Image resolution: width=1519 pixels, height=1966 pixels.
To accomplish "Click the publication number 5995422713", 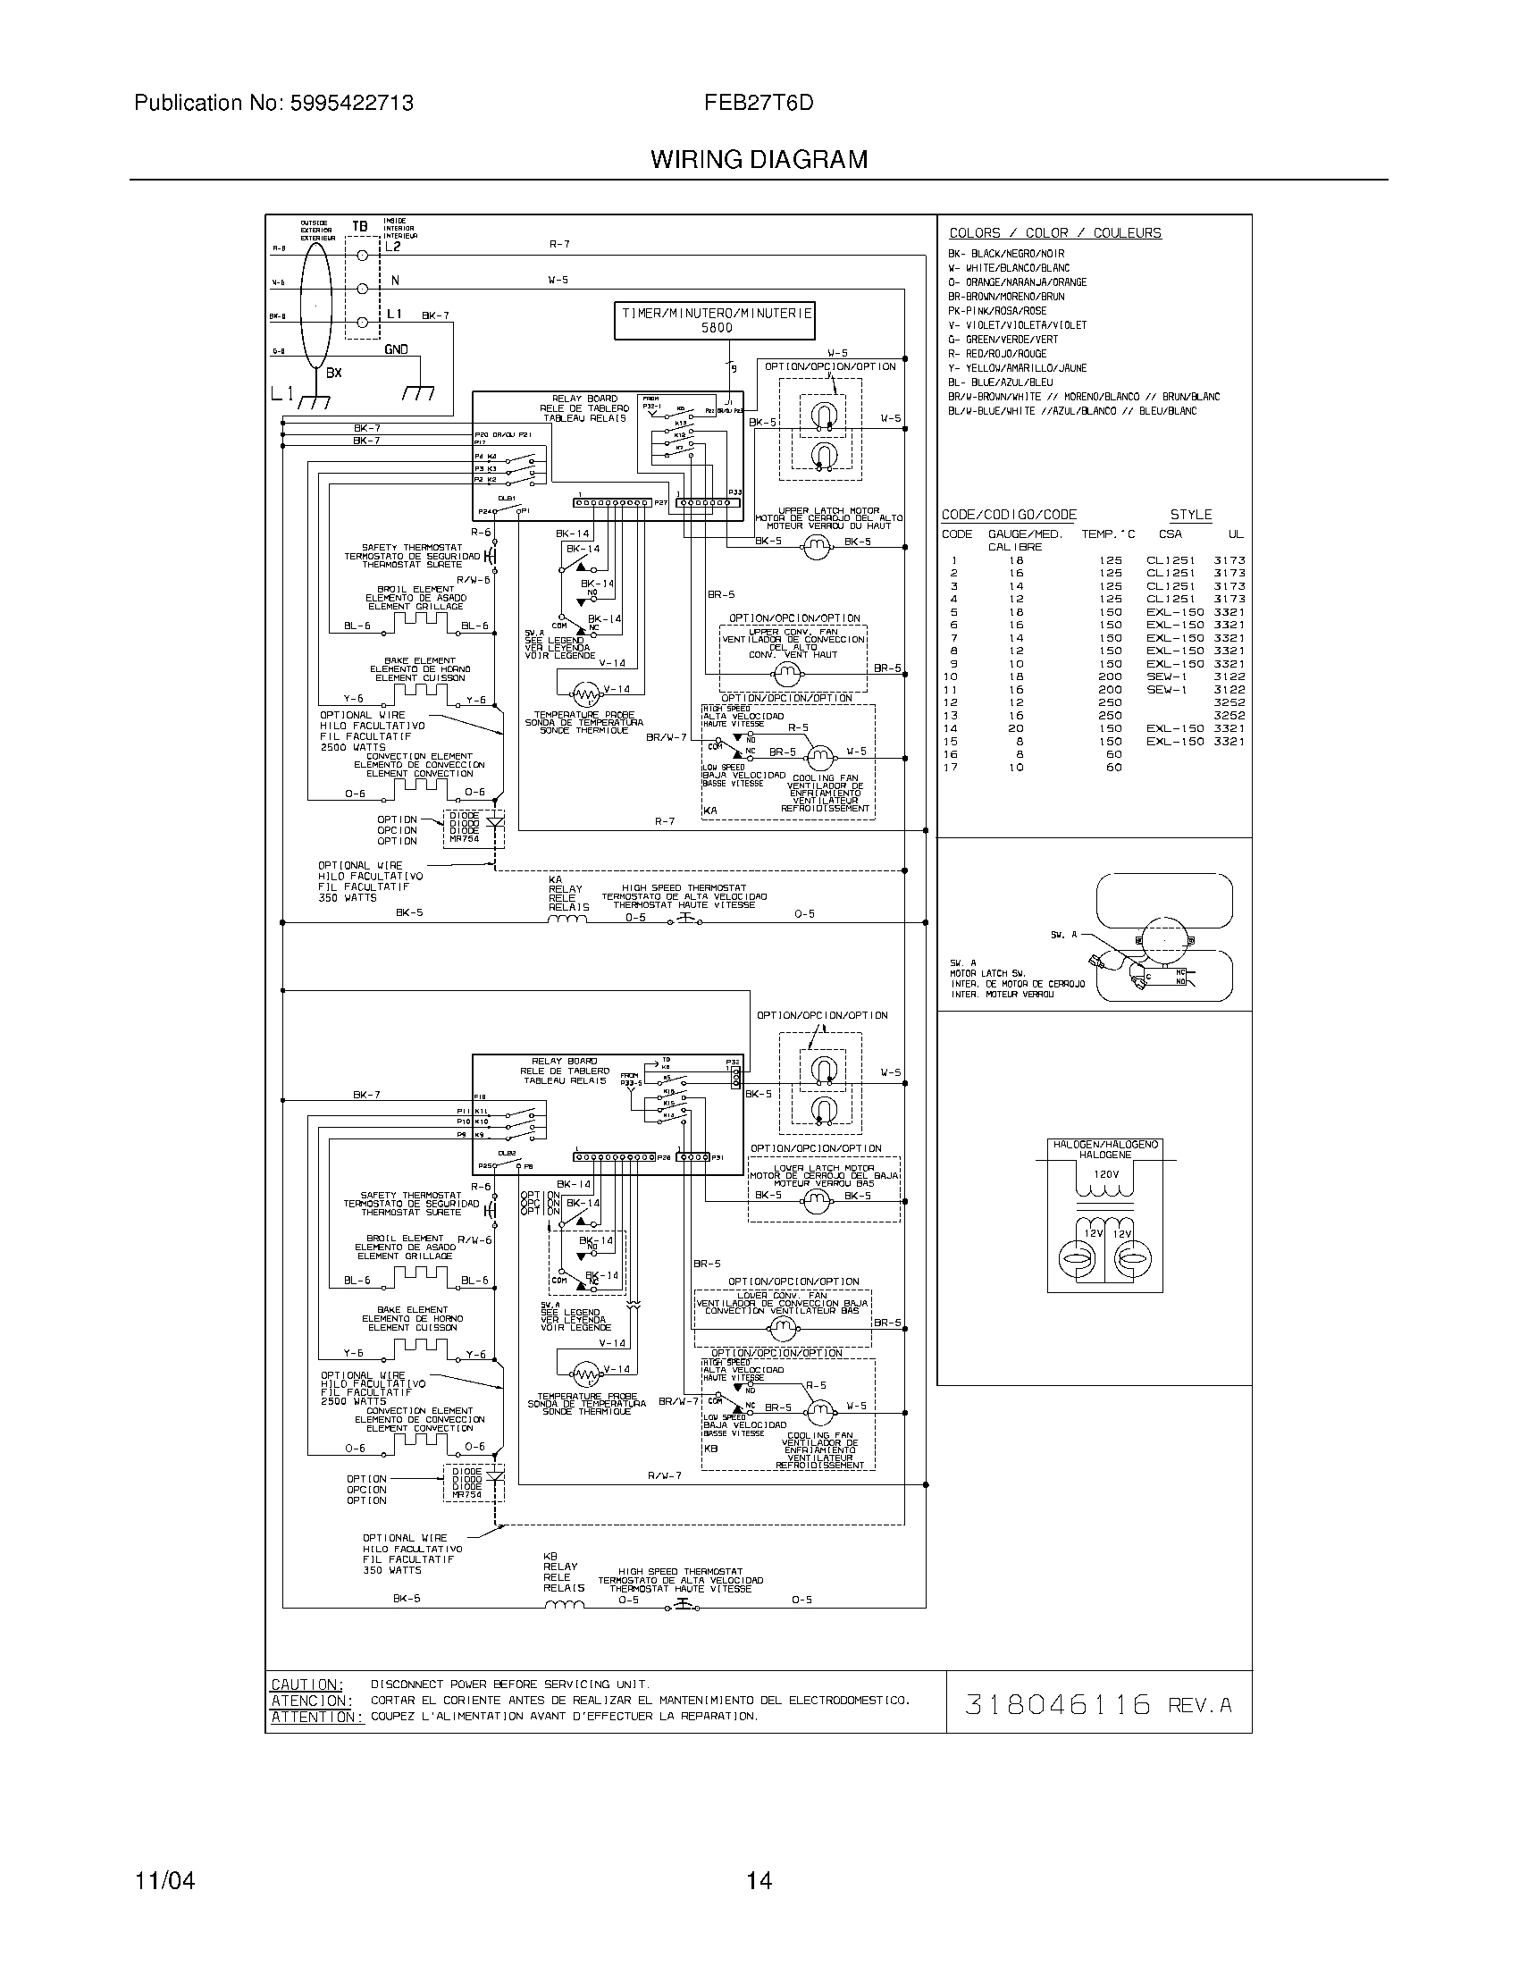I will tap(352, 104).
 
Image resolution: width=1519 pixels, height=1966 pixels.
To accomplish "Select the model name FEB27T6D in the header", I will tap(759, 104).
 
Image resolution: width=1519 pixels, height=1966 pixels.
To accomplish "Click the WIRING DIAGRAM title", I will tap(759, 160).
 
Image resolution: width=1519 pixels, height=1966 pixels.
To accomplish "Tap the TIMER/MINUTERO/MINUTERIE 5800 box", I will tap(716, 322).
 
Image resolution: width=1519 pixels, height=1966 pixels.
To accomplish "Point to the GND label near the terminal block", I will tap(396, 349).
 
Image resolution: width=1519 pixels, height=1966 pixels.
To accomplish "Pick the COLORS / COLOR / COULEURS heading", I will tap(1054, 233).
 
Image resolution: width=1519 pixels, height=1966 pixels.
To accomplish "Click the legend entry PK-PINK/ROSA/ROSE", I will tap(997, 311).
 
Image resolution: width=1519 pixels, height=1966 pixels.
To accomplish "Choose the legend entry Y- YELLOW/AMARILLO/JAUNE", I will tap(1017, 368).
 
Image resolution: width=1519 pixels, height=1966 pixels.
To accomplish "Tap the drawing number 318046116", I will tap(1057, 1704).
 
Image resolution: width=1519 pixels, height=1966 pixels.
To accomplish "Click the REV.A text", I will tap(1198, 1705).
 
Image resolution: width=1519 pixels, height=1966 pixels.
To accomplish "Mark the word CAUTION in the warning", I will tap(306, 1685).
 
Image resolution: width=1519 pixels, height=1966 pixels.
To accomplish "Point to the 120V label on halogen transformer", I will tap(1105, 1175).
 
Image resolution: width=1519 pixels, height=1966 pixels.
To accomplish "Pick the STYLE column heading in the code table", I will tap(1190, 515).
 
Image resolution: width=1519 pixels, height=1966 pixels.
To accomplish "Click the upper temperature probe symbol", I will tap(586, 693).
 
